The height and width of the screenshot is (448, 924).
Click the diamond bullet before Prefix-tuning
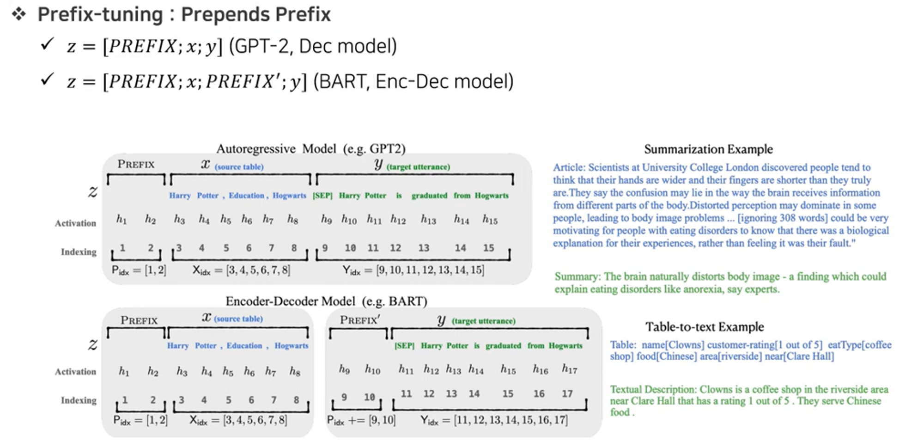(19, 14)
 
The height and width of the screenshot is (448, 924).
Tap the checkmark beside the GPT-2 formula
(47, 44)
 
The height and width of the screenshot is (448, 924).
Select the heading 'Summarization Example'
(708, 149)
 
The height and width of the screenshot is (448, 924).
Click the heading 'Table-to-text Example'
(705, 327)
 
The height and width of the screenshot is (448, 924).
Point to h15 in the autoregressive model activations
(490, 220)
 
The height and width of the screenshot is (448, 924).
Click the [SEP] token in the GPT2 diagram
(322, 196)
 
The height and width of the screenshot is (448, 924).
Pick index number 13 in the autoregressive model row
(424, 248)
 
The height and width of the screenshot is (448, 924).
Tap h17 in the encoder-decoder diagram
(569, 368)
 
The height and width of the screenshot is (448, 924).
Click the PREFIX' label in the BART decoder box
(360, 320)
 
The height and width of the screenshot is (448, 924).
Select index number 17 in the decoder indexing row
(567, 394)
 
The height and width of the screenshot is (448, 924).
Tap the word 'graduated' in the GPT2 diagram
(429, 196)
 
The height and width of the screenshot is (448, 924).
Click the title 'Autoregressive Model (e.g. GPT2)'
(311, 149)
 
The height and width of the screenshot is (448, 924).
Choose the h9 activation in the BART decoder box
(344, 369)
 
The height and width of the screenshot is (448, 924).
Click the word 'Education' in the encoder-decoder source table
(244, 346)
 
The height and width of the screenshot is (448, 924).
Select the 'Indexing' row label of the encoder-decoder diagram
(79, 400)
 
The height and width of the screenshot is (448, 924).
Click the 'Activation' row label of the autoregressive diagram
(75, 223)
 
